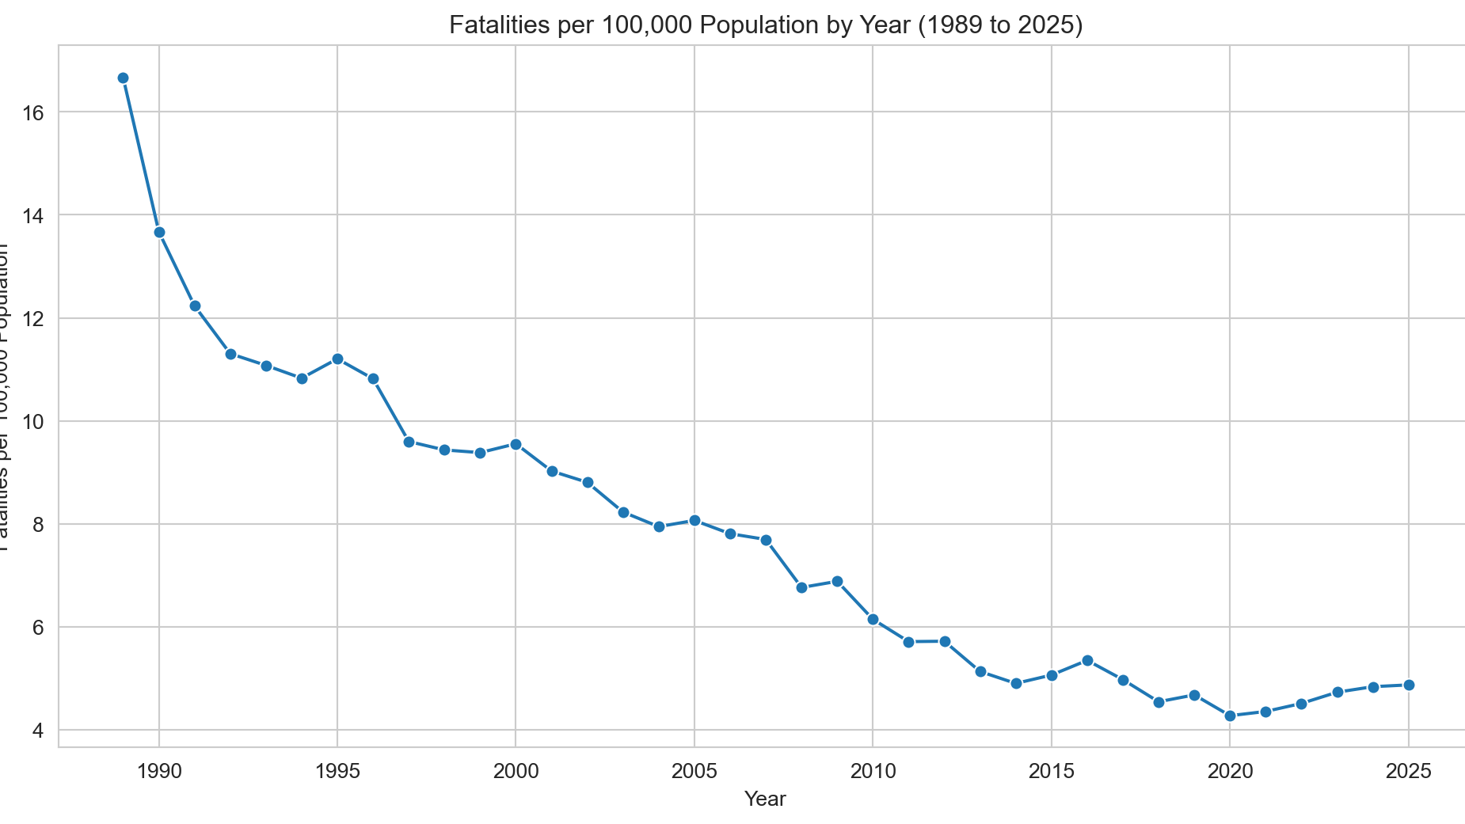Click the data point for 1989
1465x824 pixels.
point(123,78)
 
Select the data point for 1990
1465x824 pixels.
point(159,232)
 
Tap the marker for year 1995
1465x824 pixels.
point(337,359)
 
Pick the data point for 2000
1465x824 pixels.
point(516,444)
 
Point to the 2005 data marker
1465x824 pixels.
point(694,520)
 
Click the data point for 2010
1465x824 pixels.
point(873,619)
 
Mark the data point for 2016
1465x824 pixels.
point(1087,660)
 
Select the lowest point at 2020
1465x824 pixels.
point(1230,716)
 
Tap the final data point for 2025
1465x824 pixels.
point(1409,685)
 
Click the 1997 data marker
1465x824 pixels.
point(409,442)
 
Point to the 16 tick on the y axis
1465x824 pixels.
point(32,112)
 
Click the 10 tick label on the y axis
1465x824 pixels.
point(32,421)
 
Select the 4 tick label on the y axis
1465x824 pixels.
point(37,731)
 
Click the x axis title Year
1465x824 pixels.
point(765,799)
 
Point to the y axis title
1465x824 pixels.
point(6,396)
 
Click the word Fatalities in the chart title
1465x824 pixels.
point(493,25)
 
